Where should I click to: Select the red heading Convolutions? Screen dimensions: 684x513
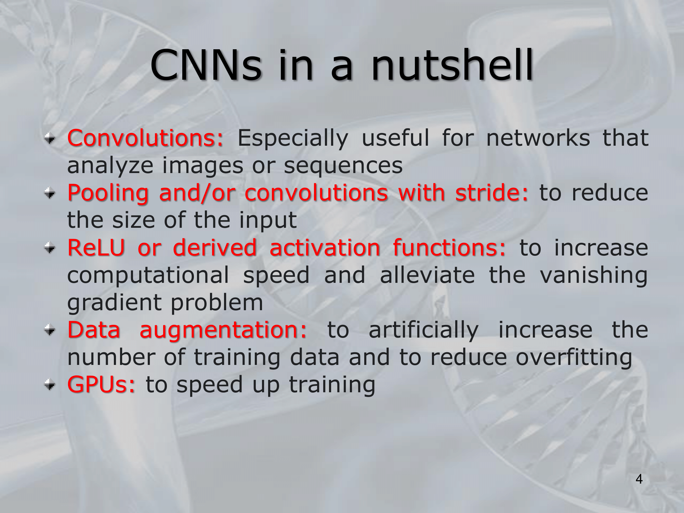(145, 138)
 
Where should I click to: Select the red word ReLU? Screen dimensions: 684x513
(96, 248)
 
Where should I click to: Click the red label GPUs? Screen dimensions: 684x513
(101, 384)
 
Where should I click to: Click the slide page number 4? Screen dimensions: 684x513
(639, 479)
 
